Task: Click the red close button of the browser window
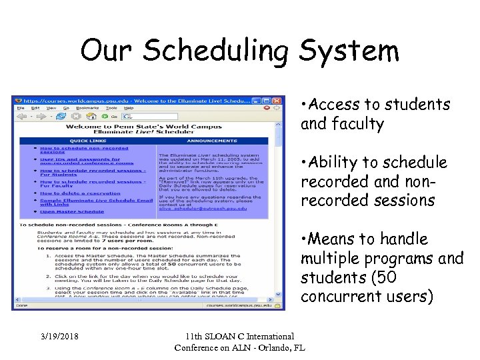pyautogui.click(x=277, y=100)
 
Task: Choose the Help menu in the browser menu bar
pyautogui.click(x=128, y=108)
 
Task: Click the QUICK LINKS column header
pyautogui.click(x=88, y=141)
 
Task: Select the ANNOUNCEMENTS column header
pyautogui.click(x=212, y=141)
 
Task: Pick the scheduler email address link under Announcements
pyautogui.click(x=203, y=209)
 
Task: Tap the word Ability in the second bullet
pyautogui.click(x=338, y=163)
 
